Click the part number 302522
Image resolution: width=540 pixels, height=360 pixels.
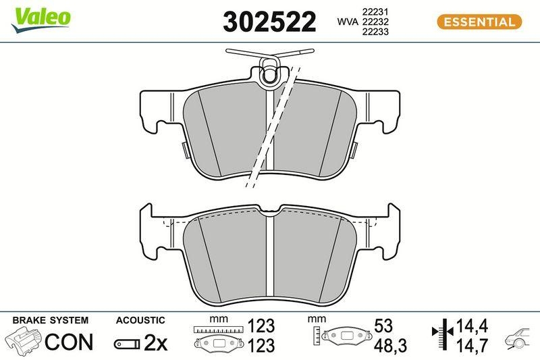click(269, 22)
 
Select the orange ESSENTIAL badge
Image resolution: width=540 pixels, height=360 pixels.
click(479, 22)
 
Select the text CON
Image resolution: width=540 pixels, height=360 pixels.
click(68, 342)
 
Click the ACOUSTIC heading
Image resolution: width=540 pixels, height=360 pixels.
click(140, 320)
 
